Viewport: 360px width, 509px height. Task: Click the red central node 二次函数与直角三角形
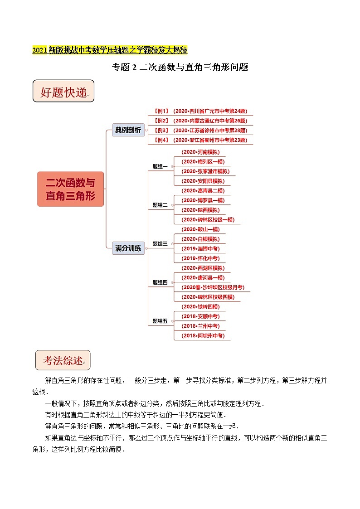pyautogui.click(x=70, y=189)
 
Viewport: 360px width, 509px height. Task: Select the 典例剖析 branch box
pyautogui.click(x=128, y=130)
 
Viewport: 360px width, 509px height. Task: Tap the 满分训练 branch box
pyautogui.click(x=128, y=248)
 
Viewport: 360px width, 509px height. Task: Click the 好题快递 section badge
pyautogui.click(x=63, y=92)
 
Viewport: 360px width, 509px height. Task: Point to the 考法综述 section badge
pyautogui.click(x=63, y=360)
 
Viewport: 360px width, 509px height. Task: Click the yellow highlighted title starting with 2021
pyautogui.click(x=110, y=50)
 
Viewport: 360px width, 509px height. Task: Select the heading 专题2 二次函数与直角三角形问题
pyautogui.click(x=180, y=68)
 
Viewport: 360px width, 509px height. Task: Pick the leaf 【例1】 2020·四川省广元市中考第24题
pyautogui.click(x=200, y=111)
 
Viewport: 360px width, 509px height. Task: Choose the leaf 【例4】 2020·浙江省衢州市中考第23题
pyautogui.click(x=200, y=140)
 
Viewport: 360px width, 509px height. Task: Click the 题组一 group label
pyautogui.click(x=160, y=166)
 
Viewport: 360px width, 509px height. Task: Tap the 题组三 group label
pyautogui.click(x=160, y=243)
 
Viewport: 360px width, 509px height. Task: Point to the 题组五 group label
pyautogui.click(x=160, y=321)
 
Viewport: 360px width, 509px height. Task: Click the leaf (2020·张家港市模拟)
pyautogui.click(x=205, y=171)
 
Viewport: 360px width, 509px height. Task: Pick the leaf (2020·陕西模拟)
pyautogui.click(x=200, y=210)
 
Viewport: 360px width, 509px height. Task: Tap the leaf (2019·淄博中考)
pyautogui.click(x=200, y=248)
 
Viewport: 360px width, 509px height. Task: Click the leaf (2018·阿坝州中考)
pyautogui.click(x=202, y=336)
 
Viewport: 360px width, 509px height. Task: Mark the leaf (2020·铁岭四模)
pyautogui.click(x=200, y=307)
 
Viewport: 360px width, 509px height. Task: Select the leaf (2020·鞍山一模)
pyautogui.click(x=200, y=229)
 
